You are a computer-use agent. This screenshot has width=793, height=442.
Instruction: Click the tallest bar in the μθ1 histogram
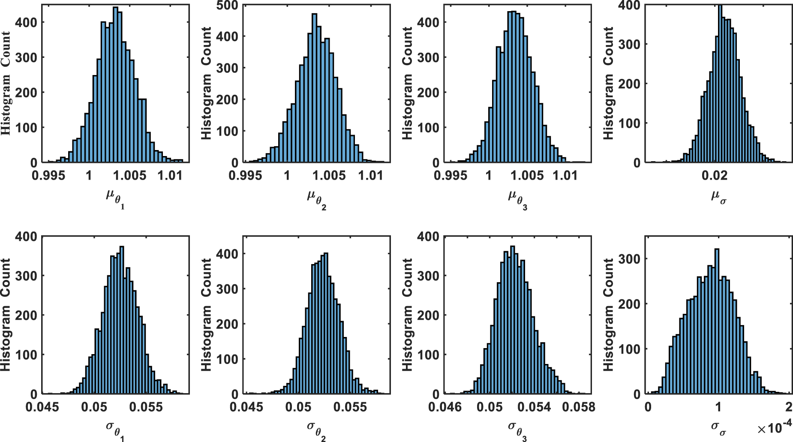(115, 86)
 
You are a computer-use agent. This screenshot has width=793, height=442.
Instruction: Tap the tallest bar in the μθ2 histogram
(314, 90)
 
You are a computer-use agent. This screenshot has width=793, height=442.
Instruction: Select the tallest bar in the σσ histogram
(717, 322)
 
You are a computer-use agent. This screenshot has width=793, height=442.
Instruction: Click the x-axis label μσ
(718, 197)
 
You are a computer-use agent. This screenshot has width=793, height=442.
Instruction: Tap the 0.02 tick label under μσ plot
(715, 175)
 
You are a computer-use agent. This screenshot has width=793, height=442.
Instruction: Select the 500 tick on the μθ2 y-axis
(227, 6)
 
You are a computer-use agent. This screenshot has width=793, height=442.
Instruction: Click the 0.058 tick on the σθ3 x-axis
(579, 407)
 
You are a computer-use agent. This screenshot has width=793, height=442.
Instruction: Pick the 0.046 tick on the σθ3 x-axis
(445, 407)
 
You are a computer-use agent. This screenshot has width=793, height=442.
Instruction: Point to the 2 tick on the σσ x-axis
(789, 407)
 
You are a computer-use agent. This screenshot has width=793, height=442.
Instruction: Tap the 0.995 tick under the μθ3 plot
(450, 175)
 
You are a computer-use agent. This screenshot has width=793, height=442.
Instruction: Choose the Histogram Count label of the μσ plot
(608, 84)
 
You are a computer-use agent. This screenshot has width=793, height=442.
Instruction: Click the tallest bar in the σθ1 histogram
(122, 322)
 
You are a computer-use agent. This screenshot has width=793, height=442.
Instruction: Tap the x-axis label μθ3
(517, 198)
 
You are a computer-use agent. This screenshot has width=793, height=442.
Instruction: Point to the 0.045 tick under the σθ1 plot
(42, 407)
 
